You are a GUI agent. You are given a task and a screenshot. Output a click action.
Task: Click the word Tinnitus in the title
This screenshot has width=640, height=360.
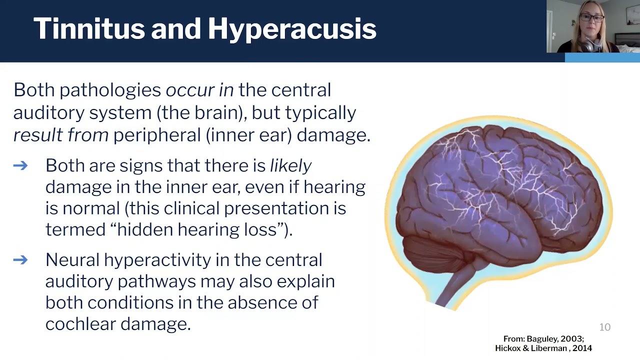tap(88, 28)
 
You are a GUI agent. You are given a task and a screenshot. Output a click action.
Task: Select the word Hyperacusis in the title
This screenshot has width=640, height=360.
tap(292, 29)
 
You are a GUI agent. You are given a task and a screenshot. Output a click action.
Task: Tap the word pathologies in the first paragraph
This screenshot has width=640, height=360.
tap(110, 90)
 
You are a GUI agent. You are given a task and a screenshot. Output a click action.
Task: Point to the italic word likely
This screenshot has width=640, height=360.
tap(290, 165)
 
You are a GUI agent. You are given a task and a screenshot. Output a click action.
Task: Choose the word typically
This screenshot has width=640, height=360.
tap(320, 113)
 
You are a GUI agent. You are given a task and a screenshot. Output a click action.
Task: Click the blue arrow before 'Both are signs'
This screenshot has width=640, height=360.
tap(20, 165)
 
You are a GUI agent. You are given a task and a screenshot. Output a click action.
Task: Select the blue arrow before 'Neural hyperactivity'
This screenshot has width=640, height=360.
tap(20, 259)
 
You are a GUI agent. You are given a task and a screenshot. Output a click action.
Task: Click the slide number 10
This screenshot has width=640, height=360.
tap(604, 327)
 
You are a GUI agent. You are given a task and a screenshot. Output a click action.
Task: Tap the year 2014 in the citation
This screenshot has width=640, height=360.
tap(582, 348)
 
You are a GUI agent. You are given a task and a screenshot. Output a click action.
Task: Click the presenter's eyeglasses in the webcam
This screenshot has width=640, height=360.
tap(591, 18)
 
